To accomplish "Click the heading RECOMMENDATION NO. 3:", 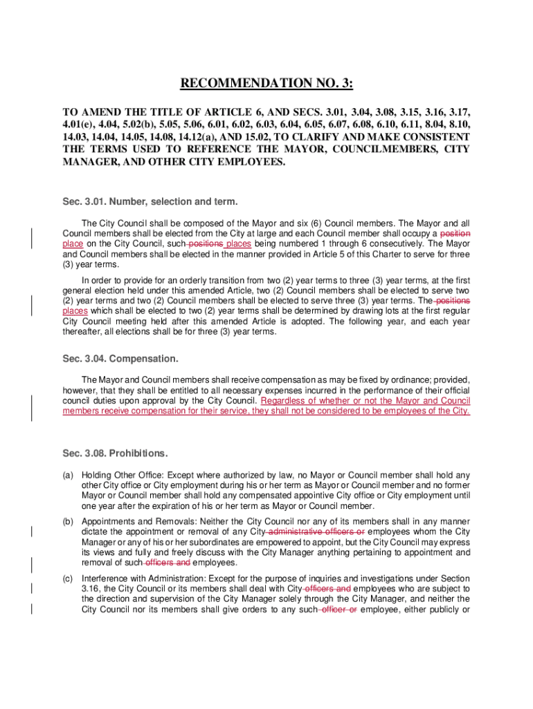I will (x=266, y=84).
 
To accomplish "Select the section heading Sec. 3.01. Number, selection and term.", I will (x=150, y=202).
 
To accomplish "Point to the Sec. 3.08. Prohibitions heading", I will (x=115, y=454).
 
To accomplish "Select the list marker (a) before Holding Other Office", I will (x=68, y=475).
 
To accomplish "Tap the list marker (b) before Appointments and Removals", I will (x=68, y=521).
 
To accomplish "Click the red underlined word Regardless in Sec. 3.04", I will (x=283, y=401).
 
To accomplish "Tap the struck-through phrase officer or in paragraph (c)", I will (x=338, y=609).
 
